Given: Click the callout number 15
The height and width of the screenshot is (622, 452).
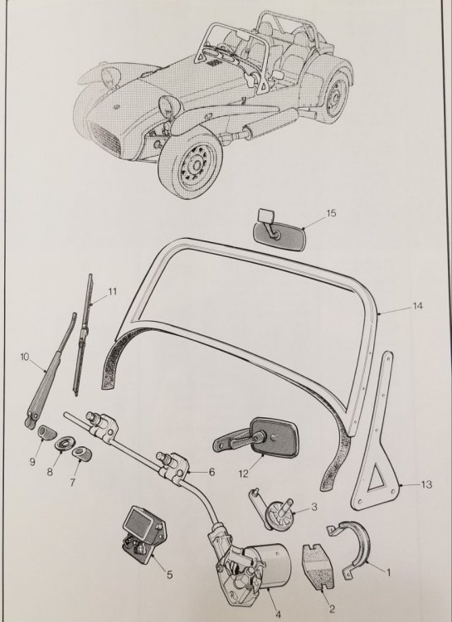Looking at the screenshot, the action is click(x=331, y=213).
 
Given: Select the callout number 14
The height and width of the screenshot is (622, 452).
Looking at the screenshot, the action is click(x=417, y=306).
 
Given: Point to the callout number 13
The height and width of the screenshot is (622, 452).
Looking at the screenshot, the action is click(x=426, y=484).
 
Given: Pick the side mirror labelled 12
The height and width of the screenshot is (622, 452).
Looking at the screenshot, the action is click(x=257, y=437).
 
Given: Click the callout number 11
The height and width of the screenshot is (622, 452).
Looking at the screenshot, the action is click(x=112, y=292).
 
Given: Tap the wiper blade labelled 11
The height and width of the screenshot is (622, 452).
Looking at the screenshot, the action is click(x=82, y=335).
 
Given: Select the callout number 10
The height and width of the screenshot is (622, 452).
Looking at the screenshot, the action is click(x=25, y=357).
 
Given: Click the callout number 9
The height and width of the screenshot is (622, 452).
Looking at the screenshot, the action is click(x=32, y=462).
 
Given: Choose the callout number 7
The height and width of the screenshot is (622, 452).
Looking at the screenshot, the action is click(x=72, y=483).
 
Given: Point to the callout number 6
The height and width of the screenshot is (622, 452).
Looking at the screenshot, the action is click(x=211, y=472).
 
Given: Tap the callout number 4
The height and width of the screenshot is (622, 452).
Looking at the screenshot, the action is click(x=278, y=614).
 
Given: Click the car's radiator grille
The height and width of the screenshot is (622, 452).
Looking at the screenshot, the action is click(x=105, y=138).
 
